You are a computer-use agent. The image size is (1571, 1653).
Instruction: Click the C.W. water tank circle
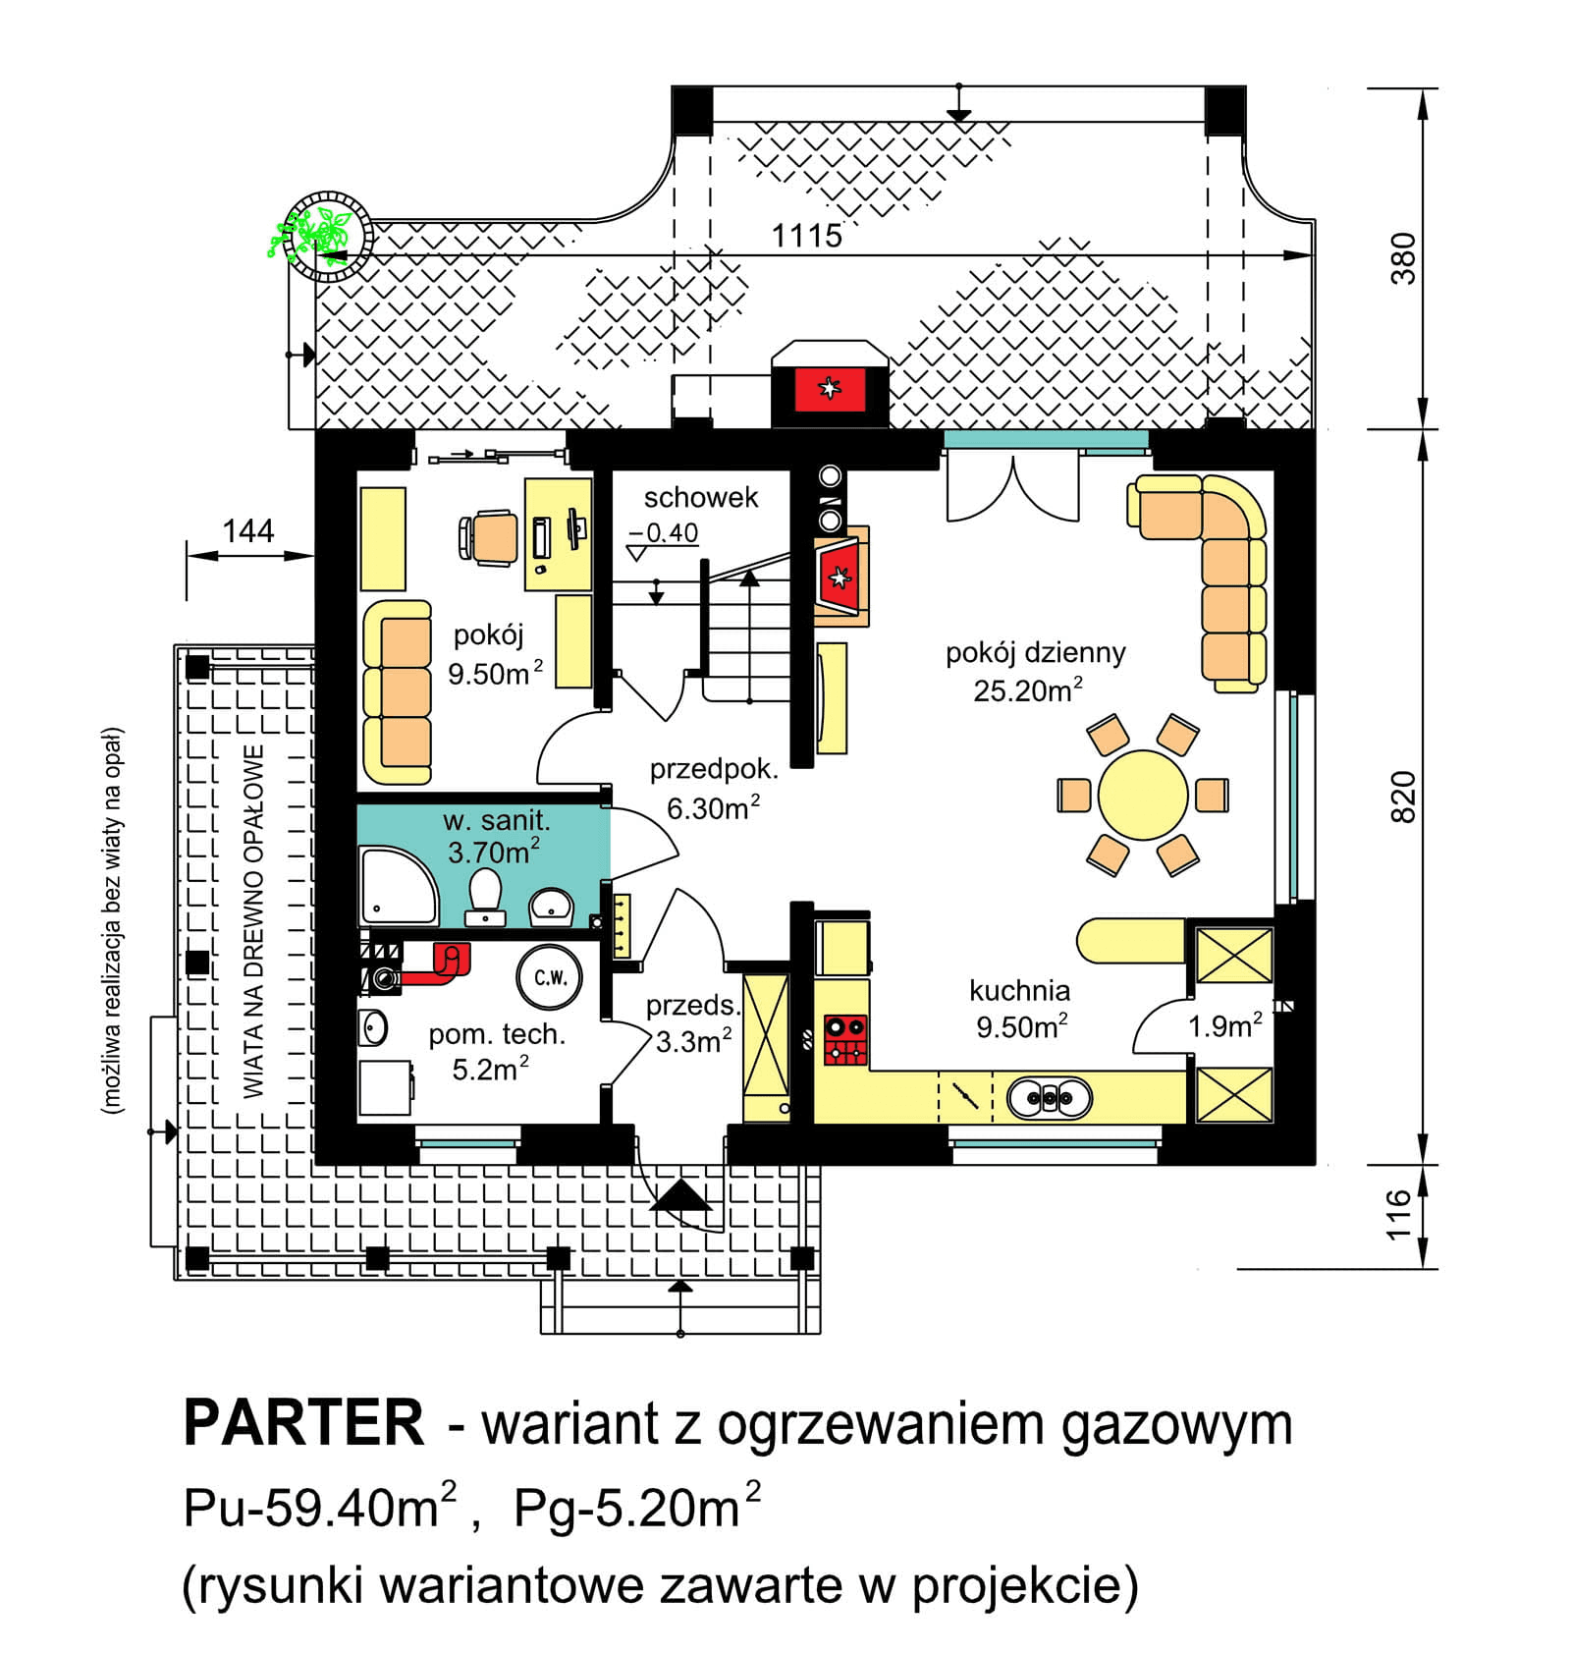tap(550, 977)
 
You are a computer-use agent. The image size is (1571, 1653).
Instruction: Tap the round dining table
tap(1142, 795)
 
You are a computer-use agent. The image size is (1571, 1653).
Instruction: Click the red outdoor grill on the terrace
tap(830, 389)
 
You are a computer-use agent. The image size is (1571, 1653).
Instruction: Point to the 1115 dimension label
tap(805, 236)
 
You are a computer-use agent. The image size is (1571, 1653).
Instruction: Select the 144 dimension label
tap(247, 531)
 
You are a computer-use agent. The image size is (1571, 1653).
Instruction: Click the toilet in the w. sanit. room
tap(485, 895)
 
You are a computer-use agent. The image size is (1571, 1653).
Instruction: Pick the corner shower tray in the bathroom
tap(397, 887)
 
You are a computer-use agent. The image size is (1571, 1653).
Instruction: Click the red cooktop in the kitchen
tap(844, 1040)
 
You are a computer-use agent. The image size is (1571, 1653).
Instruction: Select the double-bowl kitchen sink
tap(1049, 1097)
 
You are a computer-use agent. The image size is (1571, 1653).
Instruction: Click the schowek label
tap(700, 498)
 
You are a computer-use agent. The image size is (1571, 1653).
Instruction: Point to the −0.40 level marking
tap(664, 533)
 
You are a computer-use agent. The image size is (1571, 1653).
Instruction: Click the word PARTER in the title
tap(303, 1423)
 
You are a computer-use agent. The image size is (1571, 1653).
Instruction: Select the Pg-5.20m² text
tap(636, 1508)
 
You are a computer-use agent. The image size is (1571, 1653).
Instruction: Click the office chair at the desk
tap(490, 537)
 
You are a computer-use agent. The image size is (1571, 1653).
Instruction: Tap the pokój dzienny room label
tap(1034, 653)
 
